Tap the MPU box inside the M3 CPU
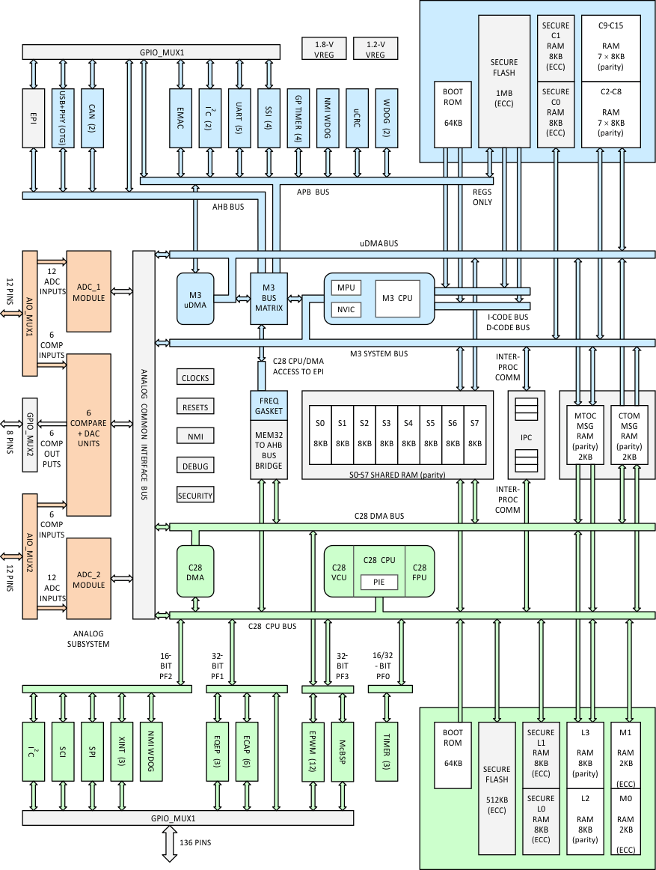(346, 288)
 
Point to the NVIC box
(346, 309)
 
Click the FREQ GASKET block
(269, 407)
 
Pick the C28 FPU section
(419, 571)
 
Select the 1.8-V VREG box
(324, 49)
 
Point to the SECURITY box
(195, 496)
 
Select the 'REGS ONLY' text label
(482, 197)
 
